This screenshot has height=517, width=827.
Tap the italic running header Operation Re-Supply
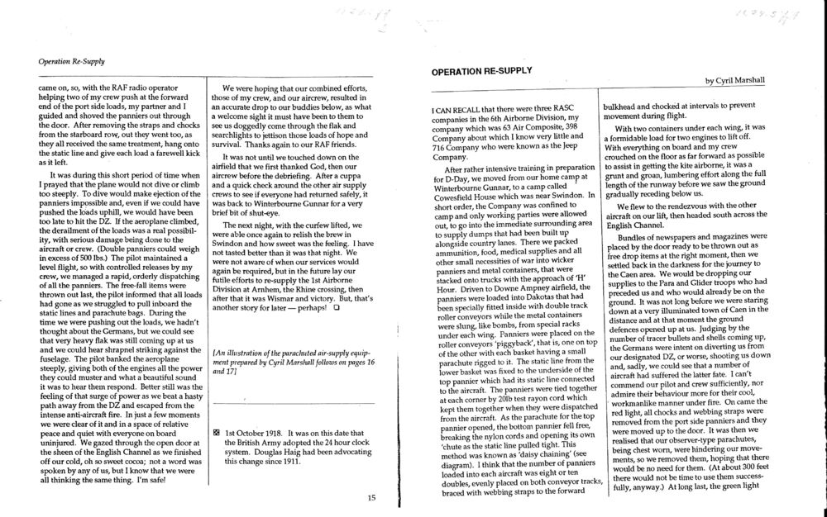[69, 60]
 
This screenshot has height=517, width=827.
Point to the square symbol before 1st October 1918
[216, 431]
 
